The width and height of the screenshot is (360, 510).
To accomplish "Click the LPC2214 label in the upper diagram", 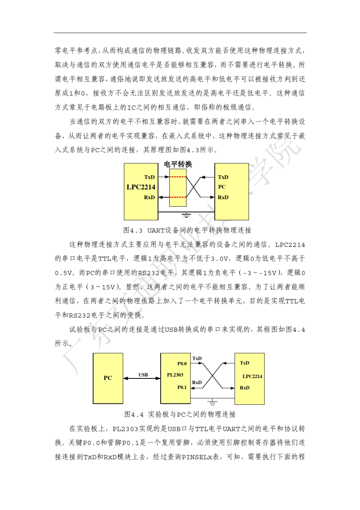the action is [x=141, y=187].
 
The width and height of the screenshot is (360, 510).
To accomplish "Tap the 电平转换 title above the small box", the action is [x=178, y=164].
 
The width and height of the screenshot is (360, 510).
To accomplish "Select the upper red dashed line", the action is [x=178, y=177].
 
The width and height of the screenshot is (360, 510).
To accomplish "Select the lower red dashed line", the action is [x=178, y=197].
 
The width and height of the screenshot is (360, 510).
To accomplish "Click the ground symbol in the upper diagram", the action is [x=186, y=215].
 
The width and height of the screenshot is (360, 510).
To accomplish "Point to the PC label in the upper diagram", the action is [x=222, y=187].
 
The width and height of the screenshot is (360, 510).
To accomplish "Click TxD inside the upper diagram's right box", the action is [x=223, y=177].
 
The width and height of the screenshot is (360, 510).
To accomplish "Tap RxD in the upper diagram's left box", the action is [x=149, y=197].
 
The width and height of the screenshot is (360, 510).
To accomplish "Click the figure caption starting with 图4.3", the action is [x=187, y=230].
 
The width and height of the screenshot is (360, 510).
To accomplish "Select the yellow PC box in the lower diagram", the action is [x=108, y=378].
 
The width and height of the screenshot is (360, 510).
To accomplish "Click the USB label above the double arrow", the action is [x=143, y=375].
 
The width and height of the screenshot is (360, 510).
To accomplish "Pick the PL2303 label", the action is [x=175, y=375].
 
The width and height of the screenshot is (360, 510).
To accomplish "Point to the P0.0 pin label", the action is [x=182, y=364].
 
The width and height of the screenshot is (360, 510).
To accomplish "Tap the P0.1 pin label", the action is [x=182, y=387].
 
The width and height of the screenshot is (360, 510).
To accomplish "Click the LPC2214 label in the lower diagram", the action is [x=252, y=376].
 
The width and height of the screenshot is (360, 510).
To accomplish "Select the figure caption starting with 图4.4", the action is [x=180, y=414].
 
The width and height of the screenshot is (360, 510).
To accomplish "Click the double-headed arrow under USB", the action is [x=142, y=378].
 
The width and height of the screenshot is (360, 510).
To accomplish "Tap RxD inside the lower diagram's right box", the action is [x=245, y=388].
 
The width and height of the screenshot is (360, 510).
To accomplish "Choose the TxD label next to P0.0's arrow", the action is [x=197, y=358].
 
